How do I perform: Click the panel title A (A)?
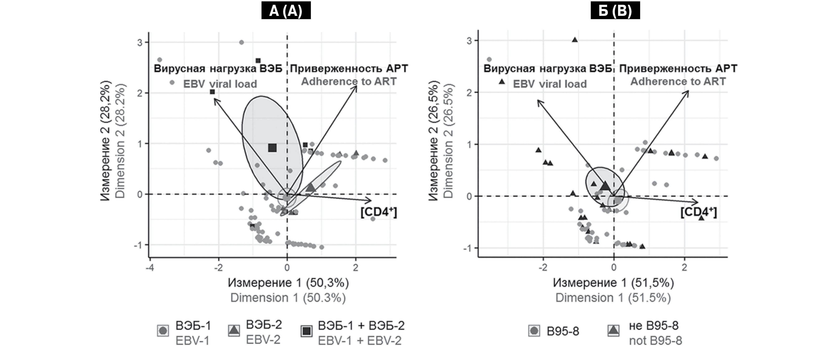[286, 11]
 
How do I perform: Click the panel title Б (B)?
[615, 11]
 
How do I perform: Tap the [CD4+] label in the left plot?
[379, 212]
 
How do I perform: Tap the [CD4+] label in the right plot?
[698, 212]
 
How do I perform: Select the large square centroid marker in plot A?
[272, 148]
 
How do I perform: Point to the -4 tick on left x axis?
[150, 268]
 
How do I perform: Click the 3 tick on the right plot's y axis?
[469, 41]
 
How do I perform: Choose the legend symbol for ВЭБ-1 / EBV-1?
[163, 331]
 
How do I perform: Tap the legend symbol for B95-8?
[534, 331]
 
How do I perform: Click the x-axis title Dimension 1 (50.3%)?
[288, 298]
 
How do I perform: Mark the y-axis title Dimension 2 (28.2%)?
[120, 141]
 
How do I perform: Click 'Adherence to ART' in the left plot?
[349, 81]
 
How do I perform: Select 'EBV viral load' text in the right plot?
[550, 84]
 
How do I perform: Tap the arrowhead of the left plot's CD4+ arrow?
[371, 200]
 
